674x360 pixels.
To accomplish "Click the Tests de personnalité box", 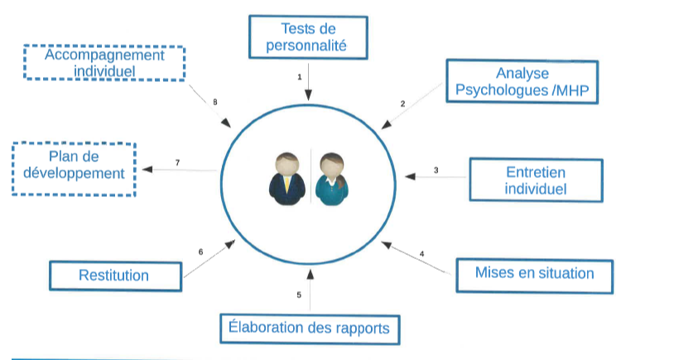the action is pyautogui.click(x=308, y=37).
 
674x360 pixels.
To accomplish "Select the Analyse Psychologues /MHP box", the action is pyautogui.click(x=522, y=82).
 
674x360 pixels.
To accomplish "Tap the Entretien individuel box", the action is pyautogui.click(x=536, y=180).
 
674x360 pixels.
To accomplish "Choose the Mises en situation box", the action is pyautogui.click(x=535, y=276).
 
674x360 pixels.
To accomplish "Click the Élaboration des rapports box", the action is pyautogui.click(x=310, y=329).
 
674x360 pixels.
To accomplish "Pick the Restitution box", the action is pyautogui.click(x=116, y=276).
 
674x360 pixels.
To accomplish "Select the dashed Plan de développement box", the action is pyautogui.click(x=74, y=170).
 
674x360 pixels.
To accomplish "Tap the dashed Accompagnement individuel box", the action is pyautogui.click(x=104, y=63).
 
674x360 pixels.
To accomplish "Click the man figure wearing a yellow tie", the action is pyautogui.click(x=287, y=178).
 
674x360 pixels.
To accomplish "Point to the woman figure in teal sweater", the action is pyautogui.click(x=332, y=179).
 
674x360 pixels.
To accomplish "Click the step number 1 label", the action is pyautogui.click(x=300, y=77).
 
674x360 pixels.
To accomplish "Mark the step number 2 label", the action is pyautogui.click(x=402, y=103).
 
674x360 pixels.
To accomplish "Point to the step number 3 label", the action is pyautogui.click(x=436, y=170).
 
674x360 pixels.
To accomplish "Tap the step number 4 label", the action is pyautogui.click(x=421, y=254).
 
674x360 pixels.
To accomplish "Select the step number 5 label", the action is pyautogui.click(x=299, y=295).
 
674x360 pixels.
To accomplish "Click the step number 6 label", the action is pyautogui.click(x=200, y=252).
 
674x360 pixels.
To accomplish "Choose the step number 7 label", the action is pyautogui.click(x=177, y=162).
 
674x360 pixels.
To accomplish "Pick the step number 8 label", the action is pyautogui.click(x=215, y=102).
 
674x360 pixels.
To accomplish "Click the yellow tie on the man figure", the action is pyautogui.click(x=286, y=184).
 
